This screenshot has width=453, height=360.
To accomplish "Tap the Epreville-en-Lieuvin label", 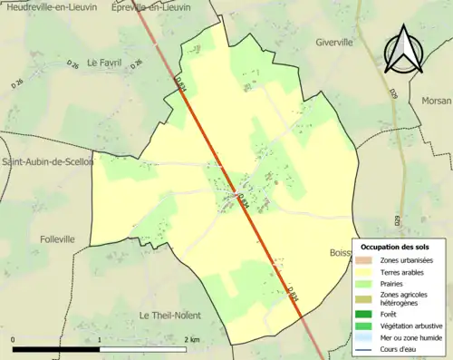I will point(150,6).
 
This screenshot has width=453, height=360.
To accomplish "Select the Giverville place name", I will point(339,42).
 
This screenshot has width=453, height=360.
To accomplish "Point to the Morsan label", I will point(437,101).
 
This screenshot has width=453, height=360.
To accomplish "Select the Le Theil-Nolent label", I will point(169,315).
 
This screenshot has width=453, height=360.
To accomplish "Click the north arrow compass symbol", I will point(405,50).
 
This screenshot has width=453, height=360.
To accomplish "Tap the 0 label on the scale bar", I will point(14,339).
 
